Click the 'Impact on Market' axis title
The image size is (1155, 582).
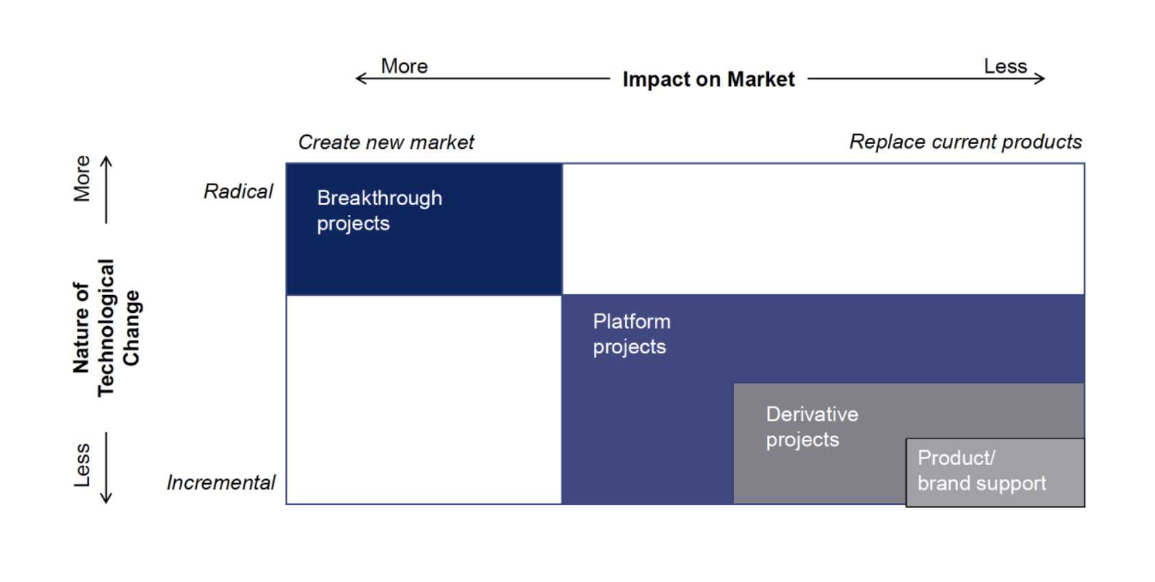click(x=708, y=80)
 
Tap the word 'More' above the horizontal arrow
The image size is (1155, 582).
click(x=404, y=67)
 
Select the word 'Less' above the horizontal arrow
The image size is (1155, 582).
click(x=1005, y=67)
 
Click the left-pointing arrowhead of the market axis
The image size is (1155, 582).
click(x=359, y=79)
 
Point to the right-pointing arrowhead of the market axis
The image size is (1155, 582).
click(x=1040, y=78)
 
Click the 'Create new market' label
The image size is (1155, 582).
click(x=385, y=142)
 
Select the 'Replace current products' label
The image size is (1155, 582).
click(x=965, y=142)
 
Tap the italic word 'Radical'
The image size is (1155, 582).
click(x=238, y=191)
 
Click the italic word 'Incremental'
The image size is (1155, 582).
click(x=220, y=482)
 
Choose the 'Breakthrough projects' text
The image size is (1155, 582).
click(x=379, y=211)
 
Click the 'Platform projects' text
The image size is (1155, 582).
click(x=631, y=334)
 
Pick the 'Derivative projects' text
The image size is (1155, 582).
click(x=811, y=426)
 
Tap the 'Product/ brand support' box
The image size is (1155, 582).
click(x=995, y=472)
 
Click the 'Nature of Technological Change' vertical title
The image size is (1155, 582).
click(x=106, y=328)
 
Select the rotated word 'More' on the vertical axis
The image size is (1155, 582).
click(x=82, y=178)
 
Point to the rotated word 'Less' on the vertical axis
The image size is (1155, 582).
click(x=82, y=465)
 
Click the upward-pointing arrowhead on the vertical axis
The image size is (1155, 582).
click(x=106, y=161)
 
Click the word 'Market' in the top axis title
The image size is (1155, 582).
click(x=761, y=80)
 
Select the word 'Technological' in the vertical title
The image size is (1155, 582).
click(x=106, y=328)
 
